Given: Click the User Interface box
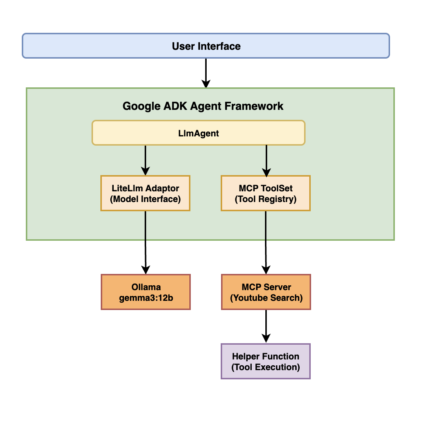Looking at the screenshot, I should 206,46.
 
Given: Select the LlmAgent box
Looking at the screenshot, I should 198,133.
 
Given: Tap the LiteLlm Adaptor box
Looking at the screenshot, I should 145,193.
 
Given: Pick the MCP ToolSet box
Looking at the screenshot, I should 266,193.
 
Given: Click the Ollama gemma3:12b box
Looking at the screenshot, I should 146,292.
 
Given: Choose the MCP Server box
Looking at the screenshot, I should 266,292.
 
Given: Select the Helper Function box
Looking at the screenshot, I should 266,361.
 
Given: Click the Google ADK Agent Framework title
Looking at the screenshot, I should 203,106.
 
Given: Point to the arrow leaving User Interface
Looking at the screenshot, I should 206,73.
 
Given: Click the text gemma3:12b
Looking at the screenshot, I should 146,298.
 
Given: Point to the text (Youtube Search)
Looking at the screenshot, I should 266,298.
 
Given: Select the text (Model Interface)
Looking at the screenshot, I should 145,199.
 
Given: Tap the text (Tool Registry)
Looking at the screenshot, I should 266,199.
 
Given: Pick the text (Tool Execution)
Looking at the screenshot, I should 266,367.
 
